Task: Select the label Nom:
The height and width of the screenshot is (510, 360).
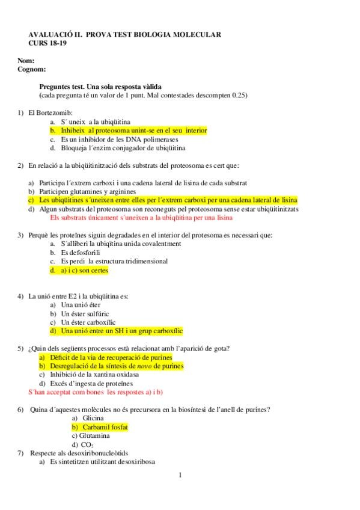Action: [x=26, y=60]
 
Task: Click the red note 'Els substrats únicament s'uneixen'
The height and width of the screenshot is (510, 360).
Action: [x=141, y=218]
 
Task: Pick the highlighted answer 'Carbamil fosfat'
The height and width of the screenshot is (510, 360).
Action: [x=105, y=426]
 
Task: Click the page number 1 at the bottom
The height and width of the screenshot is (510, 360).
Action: [x=180, y=475]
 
